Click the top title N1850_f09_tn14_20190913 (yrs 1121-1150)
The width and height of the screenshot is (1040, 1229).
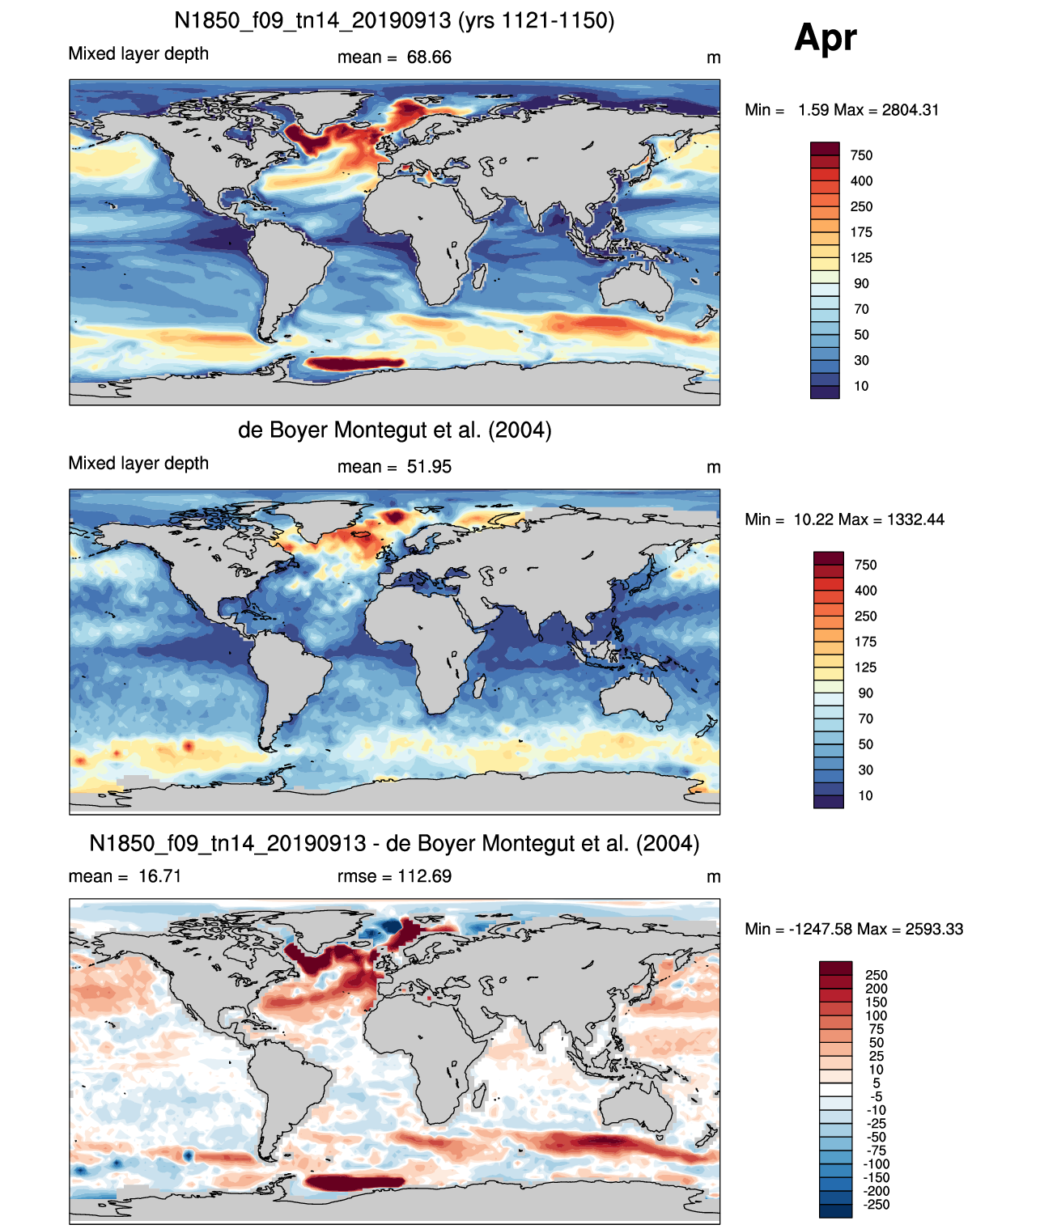(393, 21)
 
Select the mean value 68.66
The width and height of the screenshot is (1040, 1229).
(429, 57)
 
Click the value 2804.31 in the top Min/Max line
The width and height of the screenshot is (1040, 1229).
(910, 110)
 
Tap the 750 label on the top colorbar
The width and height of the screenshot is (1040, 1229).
(861, 155)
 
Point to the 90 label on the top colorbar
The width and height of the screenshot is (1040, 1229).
(861, 284)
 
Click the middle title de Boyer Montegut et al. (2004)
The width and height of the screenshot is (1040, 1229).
(394, 430)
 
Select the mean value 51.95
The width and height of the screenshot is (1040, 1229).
(429, 467)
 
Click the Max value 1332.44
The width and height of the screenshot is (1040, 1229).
(915, 519)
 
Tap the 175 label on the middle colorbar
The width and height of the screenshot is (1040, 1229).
(865, 642)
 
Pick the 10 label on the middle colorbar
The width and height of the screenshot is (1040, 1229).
(865, 795)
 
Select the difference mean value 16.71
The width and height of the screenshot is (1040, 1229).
(159, 876)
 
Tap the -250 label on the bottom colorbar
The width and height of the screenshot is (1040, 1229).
(877, 1205)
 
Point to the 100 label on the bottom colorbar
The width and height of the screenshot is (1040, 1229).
(876, 1015)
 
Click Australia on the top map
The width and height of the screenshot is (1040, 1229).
(635, 287)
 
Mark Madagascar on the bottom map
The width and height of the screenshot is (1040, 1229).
(479, 1097)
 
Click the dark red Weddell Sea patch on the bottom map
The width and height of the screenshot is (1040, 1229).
(354, 1183)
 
